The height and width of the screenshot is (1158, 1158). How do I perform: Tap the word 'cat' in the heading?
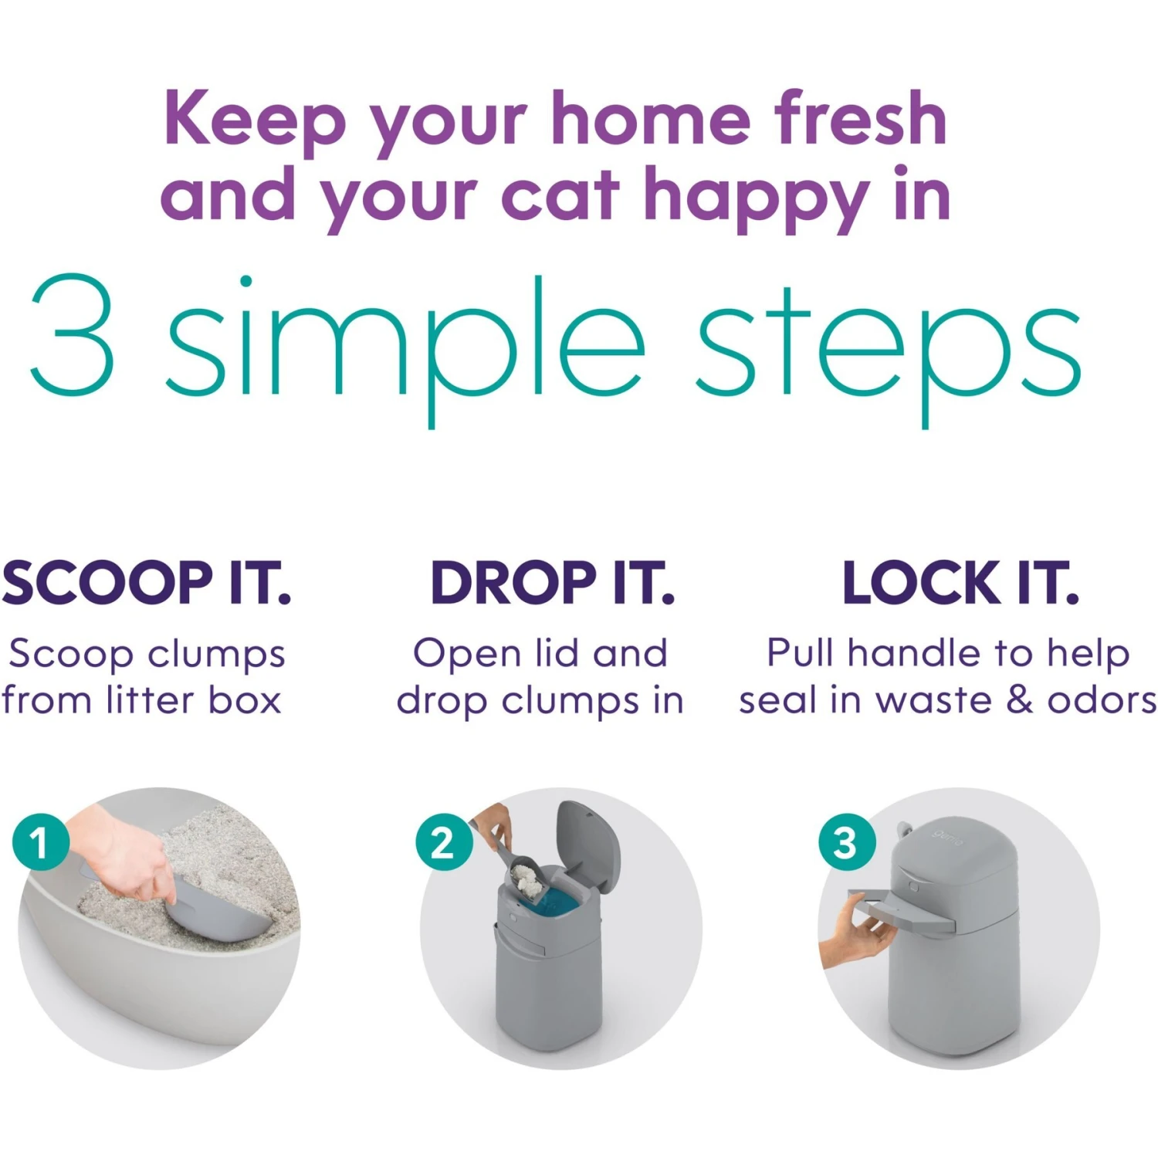(x=560, y=194)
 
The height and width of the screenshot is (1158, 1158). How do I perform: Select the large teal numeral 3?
(x=73, y=336)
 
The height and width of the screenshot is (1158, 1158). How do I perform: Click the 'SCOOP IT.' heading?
(x=146, y=583)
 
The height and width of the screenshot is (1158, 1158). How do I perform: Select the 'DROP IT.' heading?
(x=552, y=583)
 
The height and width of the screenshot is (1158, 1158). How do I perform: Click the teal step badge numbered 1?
(x=40, y=841)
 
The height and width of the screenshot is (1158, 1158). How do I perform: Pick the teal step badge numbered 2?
(x=442, y=842)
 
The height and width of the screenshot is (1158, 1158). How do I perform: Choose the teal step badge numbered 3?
(x=845, y=842)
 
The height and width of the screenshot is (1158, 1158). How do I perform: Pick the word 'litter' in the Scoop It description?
(x=150, y=700)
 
